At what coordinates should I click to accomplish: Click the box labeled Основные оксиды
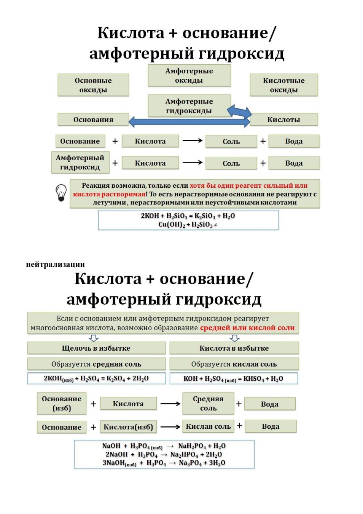93,85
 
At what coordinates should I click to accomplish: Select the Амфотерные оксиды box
189,75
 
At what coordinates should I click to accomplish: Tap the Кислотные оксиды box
283,85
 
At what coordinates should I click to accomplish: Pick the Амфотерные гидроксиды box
189,106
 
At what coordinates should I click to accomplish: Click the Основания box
93,119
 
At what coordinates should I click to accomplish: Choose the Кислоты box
283,119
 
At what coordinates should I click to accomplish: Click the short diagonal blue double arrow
239,112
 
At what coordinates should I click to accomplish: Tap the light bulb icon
61,193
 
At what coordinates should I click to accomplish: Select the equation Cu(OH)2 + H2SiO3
188,224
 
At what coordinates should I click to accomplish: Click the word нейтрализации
55,265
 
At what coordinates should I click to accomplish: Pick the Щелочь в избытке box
96,348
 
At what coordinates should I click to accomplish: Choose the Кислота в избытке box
234,348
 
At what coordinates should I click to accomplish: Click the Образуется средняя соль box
96,364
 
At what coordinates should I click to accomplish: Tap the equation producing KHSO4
234,378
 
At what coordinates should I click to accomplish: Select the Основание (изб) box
62,404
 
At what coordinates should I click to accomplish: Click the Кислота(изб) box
128,427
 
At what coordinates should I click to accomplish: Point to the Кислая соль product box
208,426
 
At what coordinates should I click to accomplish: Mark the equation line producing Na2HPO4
164,455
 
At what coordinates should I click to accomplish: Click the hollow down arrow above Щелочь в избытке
94,338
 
